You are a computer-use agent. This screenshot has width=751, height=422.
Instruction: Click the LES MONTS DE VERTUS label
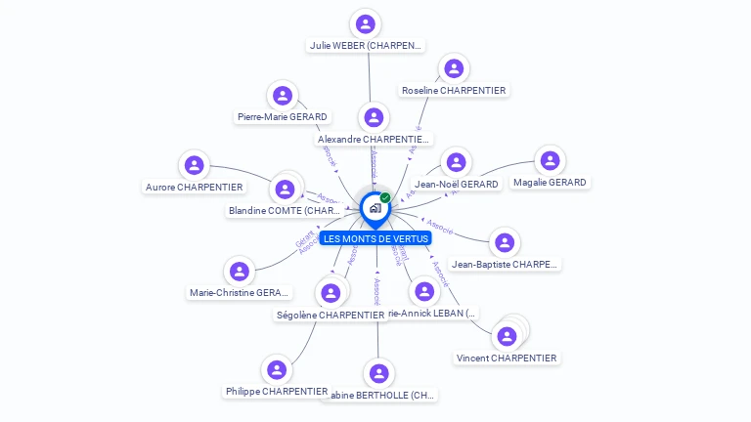click(375, 238)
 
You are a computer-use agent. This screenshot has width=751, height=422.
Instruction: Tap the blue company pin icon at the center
click(374, 207)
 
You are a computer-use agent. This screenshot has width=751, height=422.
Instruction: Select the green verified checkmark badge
click(385, 198)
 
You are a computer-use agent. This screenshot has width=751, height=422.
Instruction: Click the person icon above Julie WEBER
click(366, 23)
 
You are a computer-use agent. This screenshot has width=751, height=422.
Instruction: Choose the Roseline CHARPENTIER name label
click(454, 91)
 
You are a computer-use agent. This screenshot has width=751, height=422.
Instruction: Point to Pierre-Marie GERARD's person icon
click(283, 95)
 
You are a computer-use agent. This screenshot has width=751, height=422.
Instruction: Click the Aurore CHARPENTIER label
click(195, 187)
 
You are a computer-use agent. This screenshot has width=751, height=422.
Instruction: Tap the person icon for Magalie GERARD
click(551, 160)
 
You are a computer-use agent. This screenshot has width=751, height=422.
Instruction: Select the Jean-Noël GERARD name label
click(457, 184)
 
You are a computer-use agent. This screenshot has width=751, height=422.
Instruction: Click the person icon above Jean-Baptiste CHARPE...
click(504, 242)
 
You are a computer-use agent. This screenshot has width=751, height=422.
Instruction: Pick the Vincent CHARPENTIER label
click(507, 359)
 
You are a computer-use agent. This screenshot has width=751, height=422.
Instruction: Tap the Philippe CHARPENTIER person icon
click(277, 370)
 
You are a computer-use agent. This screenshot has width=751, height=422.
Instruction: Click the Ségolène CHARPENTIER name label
click(331, 316)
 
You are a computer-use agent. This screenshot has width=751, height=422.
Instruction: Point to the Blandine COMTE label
click(285, 210)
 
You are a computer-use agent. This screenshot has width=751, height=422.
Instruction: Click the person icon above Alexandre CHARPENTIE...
click(373, 117)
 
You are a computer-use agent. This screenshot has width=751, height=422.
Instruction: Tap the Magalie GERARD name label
click(550, 183)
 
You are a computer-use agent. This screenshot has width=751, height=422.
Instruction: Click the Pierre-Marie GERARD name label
click(283, 117)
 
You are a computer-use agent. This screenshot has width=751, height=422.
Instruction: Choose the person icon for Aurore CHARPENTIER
click(195, 165)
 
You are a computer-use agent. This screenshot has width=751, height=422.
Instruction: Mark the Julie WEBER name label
click(366, 45)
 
